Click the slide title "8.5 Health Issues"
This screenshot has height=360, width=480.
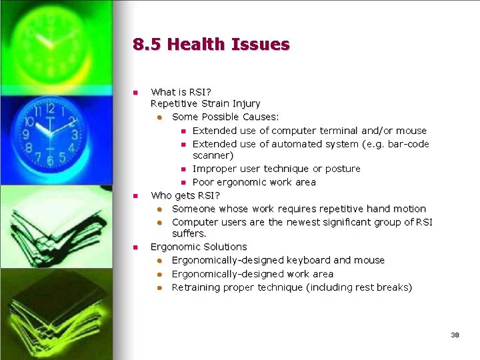point(211,45)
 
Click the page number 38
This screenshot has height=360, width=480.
point(455,335)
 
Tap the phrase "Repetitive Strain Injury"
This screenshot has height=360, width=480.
point(205,103)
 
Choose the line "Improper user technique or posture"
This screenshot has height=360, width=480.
point(276,169)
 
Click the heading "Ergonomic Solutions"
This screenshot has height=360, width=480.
point(199,247)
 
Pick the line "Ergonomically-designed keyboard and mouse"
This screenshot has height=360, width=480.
point(278,260)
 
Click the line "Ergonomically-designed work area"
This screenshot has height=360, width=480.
point(253,274)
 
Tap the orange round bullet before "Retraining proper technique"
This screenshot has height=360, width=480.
point(160,288)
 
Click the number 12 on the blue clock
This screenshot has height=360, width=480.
point(49,106)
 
